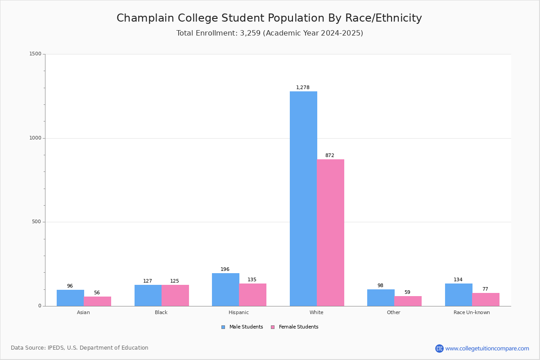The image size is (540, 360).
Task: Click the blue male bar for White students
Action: pyautogui.click(x=303, y=199)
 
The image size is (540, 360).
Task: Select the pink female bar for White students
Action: pyautogui.click(x=330, y=233)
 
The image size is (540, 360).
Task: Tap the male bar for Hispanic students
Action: pyautogui.click(x=225, y=290)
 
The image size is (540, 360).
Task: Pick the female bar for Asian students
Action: pyautogui.click(x=97, y=301)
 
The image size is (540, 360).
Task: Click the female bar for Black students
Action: pyautogui.click(x=175, y=296)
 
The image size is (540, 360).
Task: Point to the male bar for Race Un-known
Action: pyautogui.click(x=459, y=295)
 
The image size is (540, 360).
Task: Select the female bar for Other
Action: pyautogui.click(x=408, y=301)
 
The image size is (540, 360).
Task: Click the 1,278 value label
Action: pyautogui.click(x=303, y=87)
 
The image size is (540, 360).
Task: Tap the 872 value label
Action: pyautogui.click(x=330, y=155)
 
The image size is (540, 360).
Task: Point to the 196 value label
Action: pyautogui.click(x=225, y=269)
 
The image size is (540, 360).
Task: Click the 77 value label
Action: pyautogui.click(x=485, y=289)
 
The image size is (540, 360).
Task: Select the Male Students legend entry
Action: pyautogui.click(x=242, y=327)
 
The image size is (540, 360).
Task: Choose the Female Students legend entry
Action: pyautogui.click(x=295, y=327)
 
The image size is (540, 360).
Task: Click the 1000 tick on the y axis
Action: pyautogui.click(x=36, y=138)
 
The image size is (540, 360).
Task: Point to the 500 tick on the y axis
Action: pyautogui.click(x=36, y=221)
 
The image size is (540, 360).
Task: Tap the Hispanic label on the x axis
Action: pyautogui.click(x=238, y=312)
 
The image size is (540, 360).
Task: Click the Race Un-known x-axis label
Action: pyautogui.click(x=472, y=312)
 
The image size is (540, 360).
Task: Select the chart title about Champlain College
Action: pyautogui.click(x=269, y=18)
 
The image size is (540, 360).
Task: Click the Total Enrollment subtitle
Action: pyautogui.click(x=270, y=33)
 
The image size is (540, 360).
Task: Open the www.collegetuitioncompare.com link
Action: pyautogui.click(x=487, y=349)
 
